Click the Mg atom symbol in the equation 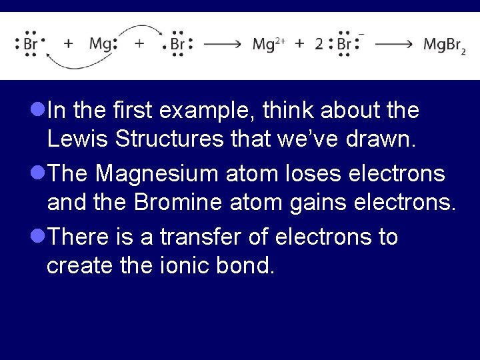click(100, 45)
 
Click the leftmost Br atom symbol click(31, 45)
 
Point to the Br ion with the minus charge click(345, 45)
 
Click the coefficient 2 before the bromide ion click(319, 45)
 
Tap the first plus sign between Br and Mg click(68, 44)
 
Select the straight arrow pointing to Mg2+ click(223, 45)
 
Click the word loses click(301, 173)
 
